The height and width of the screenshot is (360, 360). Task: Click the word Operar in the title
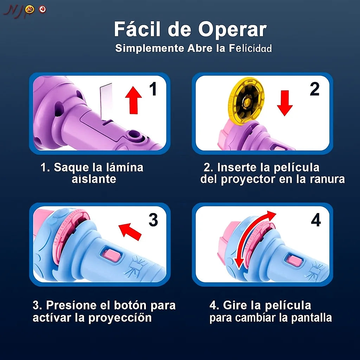pyautogui.click(x=232, y=30)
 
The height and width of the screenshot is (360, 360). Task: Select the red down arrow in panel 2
pyautogui.click(x=284, y=102)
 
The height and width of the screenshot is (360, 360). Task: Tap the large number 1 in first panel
pyautogui.click(x=153, y=89)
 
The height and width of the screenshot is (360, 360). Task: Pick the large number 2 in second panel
pyautogui.click(x=314, y=89)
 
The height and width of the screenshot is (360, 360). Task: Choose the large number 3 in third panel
pyautogui.click(x=153, y=220)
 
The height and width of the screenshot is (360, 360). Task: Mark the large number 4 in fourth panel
pyautogui.click(x=315, y=220)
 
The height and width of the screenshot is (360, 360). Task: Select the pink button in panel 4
pyautogui.click(x=294, y=261)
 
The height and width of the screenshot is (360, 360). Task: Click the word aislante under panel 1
pyautogui.click(x=94, y=179)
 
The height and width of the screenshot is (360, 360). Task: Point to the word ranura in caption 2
pyautogui.click(x=327, y=179)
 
